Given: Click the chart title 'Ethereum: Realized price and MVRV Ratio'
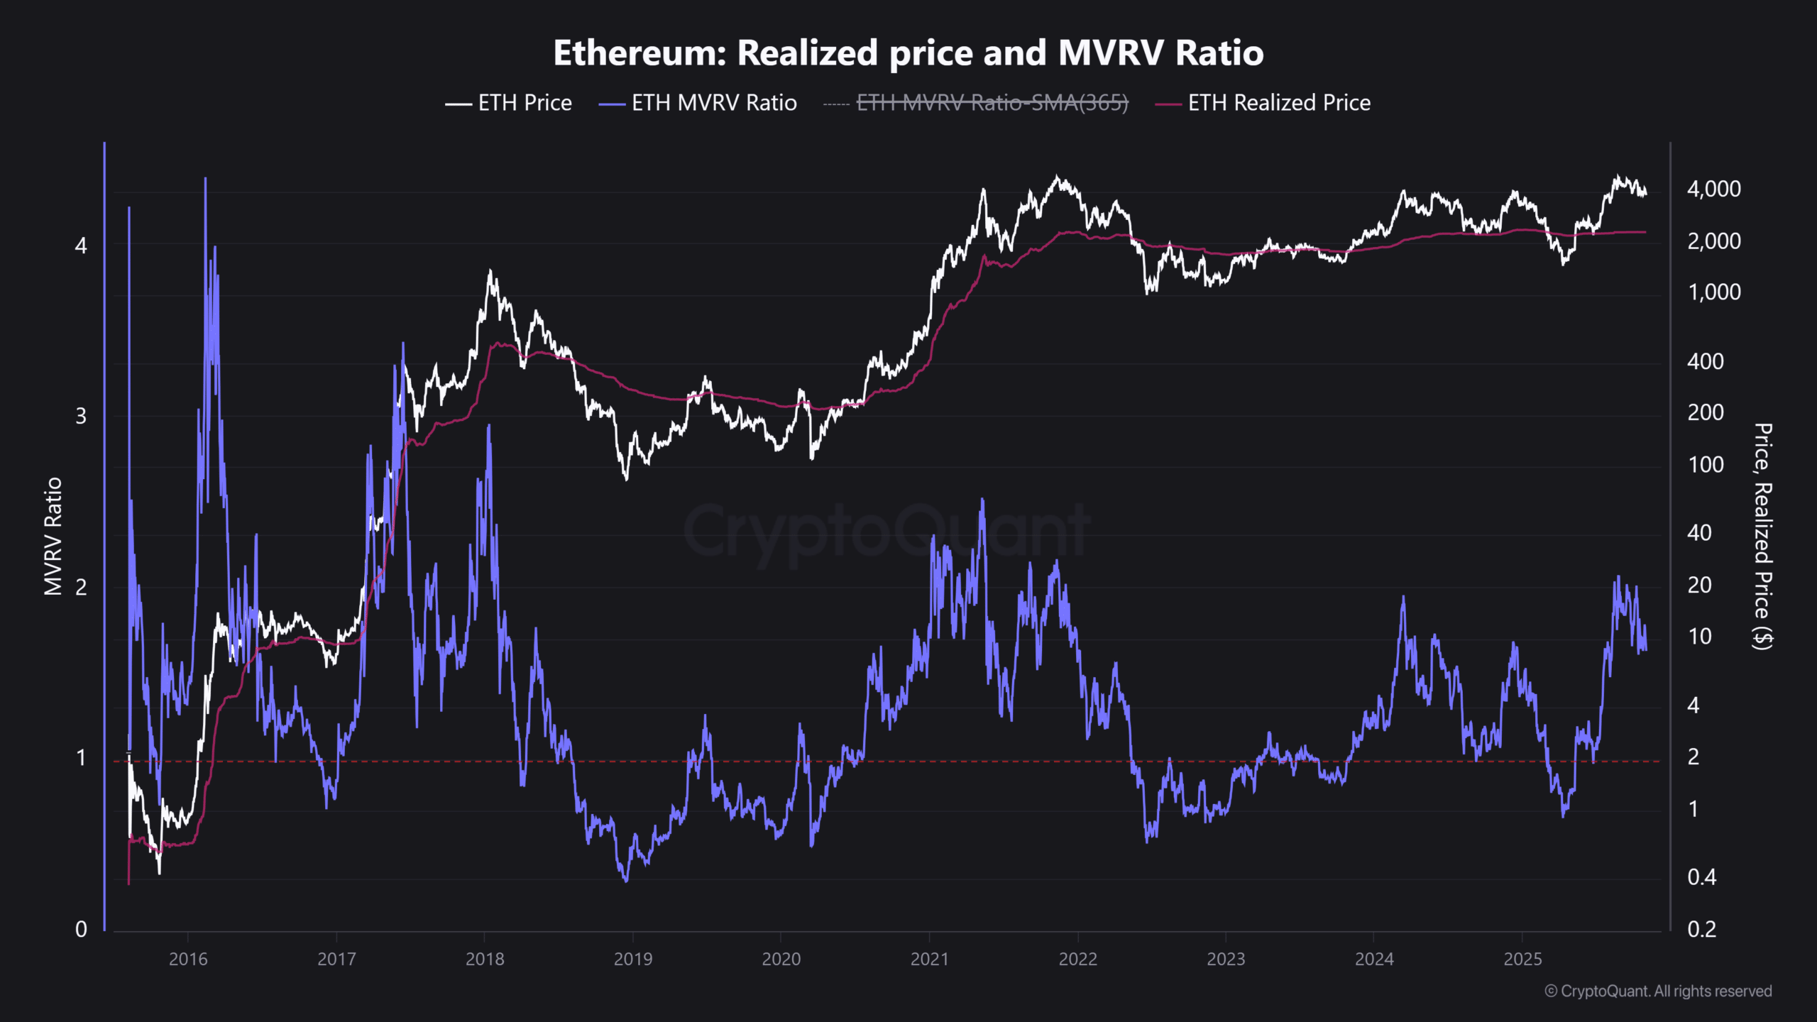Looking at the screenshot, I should coord(908,53).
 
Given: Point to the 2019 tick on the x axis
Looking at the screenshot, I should coord(632,959).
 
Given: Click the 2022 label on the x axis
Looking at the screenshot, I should coord(1077,959).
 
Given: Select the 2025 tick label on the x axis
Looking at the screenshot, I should coord(1522,959).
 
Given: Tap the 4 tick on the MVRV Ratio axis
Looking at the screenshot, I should coord(81,246).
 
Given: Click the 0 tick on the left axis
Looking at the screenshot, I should coord(81,929).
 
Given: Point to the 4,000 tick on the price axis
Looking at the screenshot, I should coord(1713,189).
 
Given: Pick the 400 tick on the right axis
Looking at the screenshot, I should coord(1705,361).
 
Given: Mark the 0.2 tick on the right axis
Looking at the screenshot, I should coord(1701,929).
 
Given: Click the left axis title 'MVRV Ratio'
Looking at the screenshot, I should coord(53,536).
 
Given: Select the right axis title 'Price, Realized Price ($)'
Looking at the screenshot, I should coord(1762,536).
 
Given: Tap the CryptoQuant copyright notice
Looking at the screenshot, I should coord(1658,991).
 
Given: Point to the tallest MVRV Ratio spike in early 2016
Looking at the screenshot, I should coord(205,179).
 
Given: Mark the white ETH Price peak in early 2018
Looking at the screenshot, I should coord(490,271).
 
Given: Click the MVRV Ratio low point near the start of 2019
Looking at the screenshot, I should coord(626,881).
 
